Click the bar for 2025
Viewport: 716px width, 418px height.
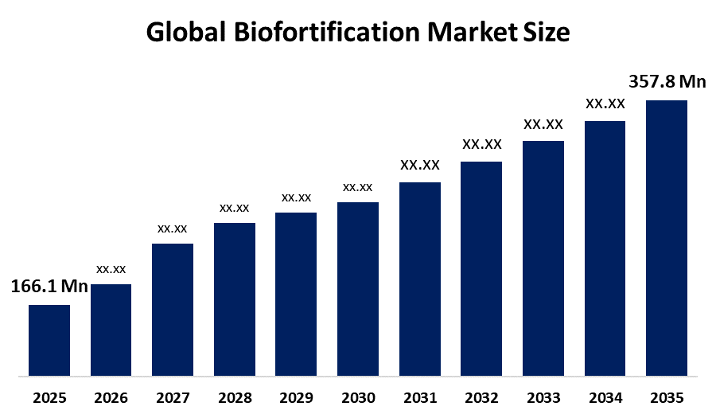point(49,340)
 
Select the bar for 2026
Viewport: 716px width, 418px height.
point(111,330)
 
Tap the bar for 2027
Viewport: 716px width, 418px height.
point(173,309)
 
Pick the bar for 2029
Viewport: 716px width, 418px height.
point(296,294)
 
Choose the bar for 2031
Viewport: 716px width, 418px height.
point(419,279)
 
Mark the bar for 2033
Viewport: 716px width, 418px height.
point(543,258)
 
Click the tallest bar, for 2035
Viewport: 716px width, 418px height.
point(666,237)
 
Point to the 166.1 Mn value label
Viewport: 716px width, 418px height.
point(49,287)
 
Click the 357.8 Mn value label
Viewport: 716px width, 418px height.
point(667,82)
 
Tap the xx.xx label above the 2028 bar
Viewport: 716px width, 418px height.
point(235,208)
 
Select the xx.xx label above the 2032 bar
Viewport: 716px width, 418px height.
point(481,144)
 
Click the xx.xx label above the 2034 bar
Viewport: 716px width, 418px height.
point(605,104)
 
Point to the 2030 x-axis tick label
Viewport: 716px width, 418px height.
point(358,397)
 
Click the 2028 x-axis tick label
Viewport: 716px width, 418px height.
point(235,397)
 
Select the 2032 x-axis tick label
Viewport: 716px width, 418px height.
point(481,397)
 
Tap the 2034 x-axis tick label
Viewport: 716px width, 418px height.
point(605,397)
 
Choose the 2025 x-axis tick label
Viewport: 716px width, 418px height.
point(49,397)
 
